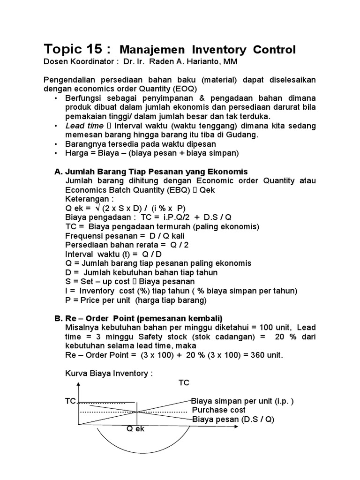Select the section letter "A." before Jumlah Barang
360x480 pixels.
point(59,172)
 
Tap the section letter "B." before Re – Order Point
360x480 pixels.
point(59,318)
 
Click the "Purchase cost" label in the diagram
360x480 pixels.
point(219,410)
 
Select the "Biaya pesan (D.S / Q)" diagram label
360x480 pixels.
point(233,420)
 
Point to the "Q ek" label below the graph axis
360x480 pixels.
point(135,429)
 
